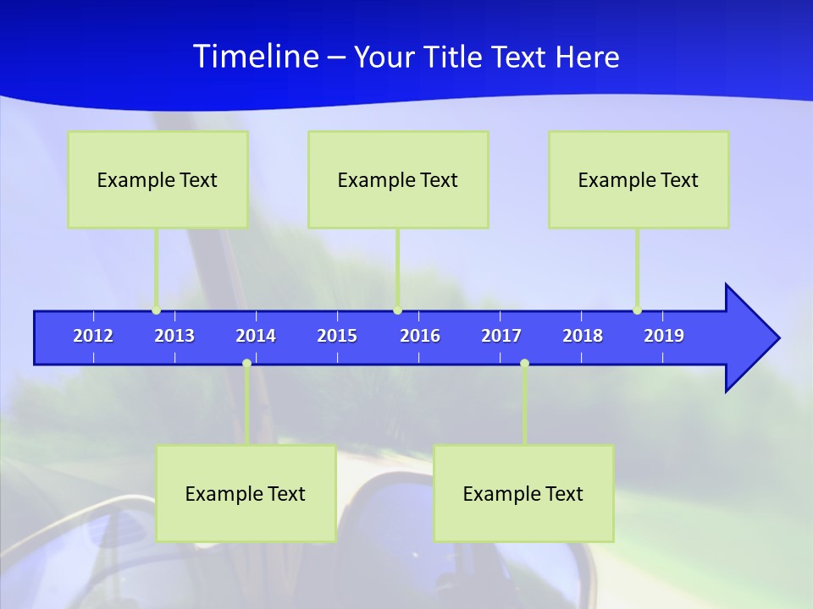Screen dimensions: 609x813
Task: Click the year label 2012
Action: click(93, 336)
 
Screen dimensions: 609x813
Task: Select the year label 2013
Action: click(174, 336)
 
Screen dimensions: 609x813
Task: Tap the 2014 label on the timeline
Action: click(256, 336)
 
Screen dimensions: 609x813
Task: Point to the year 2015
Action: click(337, 336)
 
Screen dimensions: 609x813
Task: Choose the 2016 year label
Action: click(420, 336)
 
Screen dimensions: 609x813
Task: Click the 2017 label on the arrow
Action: click(501, 336)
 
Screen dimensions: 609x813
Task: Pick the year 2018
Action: click(583, 336)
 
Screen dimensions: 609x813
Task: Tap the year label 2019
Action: click(664, 336)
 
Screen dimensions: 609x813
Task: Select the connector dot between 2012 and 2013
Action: click(156, 310)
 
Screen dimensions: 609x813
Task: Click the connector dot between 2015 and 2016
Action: click(397, 310)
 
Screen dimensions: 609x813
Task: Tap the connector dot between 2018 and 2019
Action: click(637, 310)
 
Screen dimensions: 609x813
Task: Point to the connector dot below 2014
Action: click(246, 364)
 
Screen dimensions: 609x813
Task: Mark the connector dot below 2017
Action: click(524, 364)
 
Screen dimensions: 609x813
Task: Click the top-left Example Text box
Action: click(158, 179)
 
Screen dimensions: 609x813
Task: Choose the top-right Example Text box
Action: click(639, 179)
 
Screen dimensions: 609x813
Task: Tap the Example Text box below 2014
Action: click(246, 493)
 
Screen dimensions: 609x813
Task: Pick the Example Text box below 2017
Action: click(523, 493)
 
